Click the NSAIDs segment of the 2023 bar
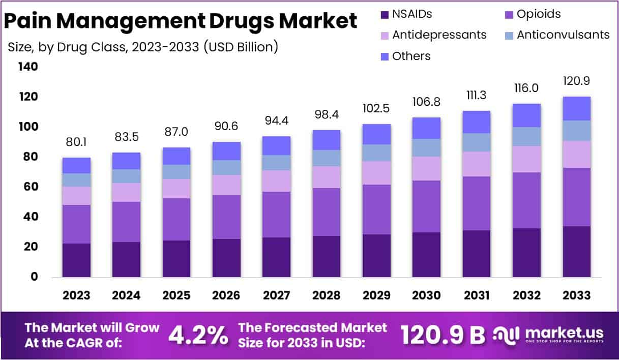pyautogui.click(x=76, y=260)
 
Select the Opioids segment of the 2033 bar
pyautogui.click(x=576, y=197)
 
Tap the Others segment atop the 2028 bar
pyautogui.click(x=327, y=140)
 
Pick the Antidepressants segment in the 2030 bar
pyautogui.click(x=426, y=168)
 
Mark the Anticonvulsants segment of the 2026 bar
pyautogui.click(x=226, y=167)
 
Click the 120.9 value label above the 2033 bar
pyautogui.click(x=576, y=81)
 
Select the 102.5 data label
pyautogui.click(x=376, y=109)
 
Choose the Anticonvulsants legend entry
pyautogui.click(x=563, y=35)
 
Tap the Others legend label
pyautogui.click(x=411, y=56)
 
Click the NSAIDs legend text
pyautogui.click(x=412, y=14)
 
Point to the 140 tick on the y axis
pyautogui.click(x=28, y=67)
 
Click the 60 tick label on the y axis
pyautogui.click(x=28, y=187)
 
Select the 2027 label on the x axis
pyautogui.click(x=276, y=295)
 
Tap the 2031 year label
pyautogui.click(x=476, y=295)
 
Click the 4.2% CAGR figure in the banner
pyautogui.click(x=198, y=335)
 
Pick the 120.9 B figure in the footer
pyautogui.click(x=442, y=335)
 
